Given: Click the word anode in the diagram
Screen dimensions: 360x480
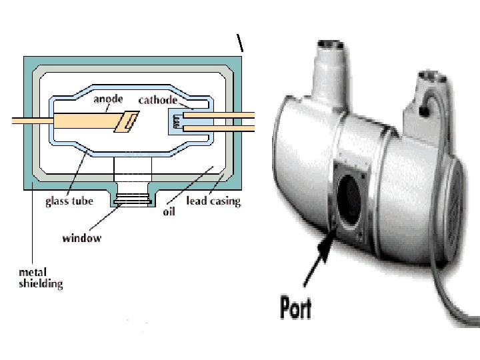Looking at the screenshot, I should coord(108,99).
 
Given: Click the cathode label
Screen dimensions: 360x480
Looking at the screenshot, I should coord(157,100).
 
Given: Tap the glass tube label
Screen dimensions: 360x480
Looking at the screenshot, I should coord(69,201).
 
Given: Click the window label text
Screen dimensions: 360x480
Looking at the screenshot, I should coord(82,237).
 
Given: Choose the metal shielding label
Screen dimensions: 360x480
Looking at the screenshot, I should coord(41,278).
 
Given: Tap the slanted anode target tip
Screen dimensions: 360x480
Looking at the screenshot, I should coord(127,123).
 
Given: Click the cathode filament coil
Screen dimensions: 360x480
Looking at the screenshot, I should coord(176,121).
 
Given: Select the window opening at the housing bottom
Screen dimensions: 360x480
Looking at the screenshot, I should coord(133,198).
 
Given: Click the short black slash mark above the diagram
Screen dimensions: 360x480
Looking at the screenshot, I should coord(240,43).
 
